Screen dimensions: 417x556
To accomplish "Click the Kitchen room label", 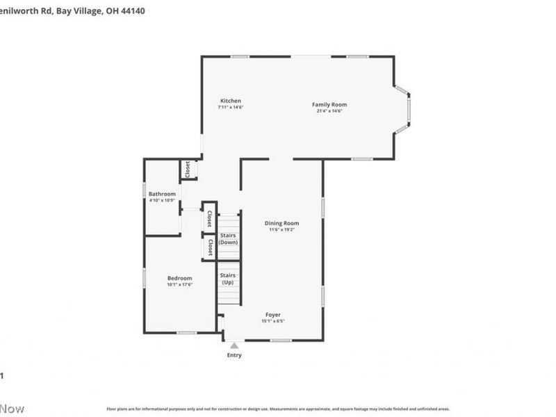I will click(x=231, y=101).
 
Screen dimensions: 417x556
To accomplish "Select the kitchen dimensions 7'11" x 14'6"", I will click(x=231, y=108).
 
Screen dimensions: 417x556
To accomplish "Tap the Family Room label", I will click(x=329, y=104).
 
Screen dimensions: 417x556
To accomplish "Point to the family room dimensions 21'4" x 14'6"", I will click(x=329, y=111).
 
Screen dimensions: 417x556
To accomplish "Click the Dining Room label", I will click(x=281, y=223).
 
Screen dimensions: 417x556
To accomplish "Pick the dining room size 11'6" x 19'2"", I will click(x=281, y=230).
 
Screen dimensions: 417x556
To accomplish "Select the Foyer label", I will click(x=273, y=314).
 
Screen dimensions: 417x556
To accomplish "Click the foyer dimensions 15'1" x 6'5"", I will click(x=273, y=321).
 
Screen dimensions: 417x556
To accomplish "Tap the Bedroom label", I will click(x=179, y=278).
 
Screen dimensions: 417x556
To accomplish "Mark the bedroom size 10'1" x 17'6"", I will click(x=179, y=285).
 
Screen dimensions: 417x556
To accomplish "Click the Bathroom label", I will click(x=162, y=194).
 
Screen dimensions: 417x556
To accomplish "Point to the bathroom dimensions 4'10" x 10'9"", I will click(x=162, y=201).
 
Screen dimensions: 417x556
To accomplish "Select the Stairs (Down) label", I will click(x=228, y=238).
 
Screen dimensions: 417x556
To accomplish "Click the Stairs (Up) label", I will click(x=228, y=279).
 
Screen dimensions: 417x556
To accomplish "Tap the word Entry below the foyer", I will click(x=234, y=355).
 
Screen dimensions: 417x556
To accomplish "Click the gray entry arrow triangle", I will click(x=234, y=345).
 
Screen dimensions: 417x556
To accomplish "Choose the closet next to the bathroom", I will click(x=188, y=169).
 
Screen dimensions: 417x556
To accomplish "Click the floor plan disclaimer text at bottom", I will click(x=278, y=409).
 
